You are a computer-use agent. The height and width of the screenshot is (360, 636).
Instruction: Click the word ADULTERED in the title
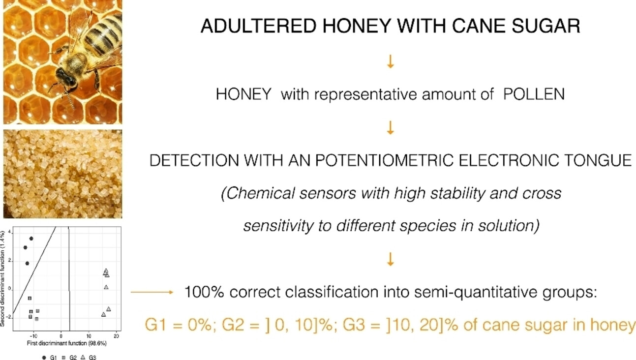point(258,26)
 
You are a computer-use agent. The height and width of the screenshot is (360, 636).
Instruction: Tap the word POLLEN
point(534,94)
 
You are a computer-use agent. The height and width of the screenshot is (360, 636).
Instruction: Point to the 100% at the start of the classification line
point(204,292)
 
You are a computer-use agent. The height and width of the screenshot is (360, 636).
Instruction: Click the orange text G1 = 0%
point(178,325)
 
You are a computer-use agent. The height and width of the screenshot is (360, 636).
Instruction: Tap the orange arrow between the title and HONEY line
point(391,61)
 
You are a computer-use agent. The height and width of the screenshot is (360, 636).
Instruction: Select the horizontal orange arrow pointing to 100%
point(152,292)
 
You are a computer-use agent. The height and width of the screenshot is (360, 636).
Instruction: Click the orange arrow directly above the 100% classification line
point(391,259)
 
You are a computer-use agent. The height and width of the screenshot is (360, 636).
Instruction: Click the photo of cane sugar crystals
point(63,174)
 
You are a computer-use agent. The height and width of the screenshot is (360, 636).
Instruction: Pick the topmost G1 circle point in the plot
point(31,239)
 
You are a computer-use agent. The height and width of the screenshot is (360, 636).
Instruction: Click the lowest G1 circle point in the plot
point(27,264)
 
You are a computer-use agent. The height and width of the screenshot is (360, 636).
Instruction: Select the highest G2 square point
point(30,299)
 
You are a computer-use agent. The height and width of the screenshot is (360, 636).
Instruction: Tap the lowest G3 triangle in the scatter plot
point(103,314)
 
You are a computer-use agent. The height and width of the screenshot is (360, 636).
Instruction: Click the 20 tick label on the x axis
point(116,336)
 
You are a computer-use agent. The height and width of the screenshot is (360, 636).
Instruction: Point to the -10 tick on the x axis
point(33,336)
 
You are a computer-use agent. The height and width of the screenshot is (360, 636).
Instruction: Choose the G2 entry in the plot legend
point(69,358)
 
